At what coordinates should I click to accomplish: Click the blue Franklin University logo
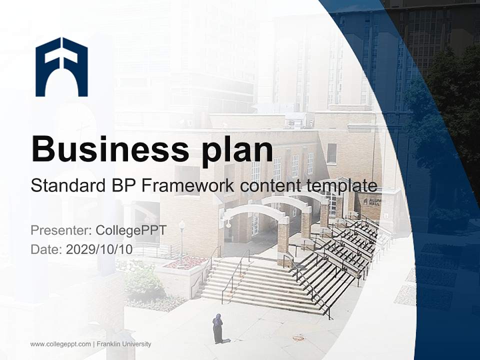(61, 66)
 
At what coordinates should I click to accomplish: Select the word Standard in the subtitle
(65, 185)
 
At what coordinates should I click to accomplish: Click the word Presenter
(60, 230)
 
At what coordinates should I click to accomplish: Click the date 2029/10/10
(99, 249)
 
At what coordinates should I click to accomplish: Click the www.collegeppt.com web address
(60, 344)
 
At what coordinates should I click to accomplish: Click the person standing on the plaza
(217, 328)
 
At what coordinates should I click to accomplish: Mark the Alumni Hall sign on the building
(372, 201)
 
